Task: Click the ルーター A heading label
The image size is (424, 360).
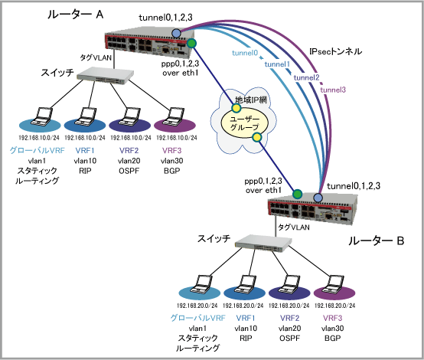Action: click(x=76, y=15)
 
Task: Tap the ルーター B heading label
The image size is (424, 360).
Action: click(x=376, y=241)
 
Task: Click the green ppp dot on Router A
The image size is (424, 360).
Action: click(x=192, y=44)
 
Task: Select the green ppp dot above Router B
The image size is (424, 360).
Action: click(x=297, y=194)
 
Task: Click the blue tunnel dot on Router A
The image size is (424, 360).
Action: click(x=176, y=33)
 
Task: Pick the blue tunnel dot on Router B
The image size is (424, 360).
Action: click(x=318, y=198)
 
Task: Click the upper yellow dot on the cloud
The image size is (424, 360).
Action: click(x=236, y=108)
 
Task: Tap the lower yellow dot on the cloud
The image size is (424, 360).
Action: click(x=256, y=138)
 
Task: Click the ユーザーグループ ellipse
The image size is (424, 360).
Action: click(x=245, y=123)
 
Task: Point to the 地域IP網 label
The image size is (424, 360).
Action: click(x=251, y=100)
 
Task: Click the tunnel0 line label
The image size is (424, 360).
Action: click(x=245, y=53)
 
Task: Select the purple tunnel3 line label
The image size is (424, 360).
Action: click(x=333, y=90)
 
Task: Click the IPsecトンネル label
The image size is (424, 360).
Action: click(x=335, y=51)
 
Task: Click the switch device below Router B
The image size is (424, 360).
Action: click(x=263, y=243)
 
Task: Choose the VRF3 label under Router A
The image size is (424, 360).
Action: click(x=171, y=150)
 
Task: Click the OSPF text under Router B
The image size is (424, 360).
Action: click(x=289, y=338)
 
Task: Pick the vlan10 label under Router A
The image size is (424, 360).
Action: click(x=85, y=161)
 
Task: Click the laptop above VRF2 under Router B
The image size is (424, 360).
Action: click(x=289, y=284)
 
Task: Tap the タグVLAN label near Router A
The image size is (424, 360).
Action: click(x=96, y=57)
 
